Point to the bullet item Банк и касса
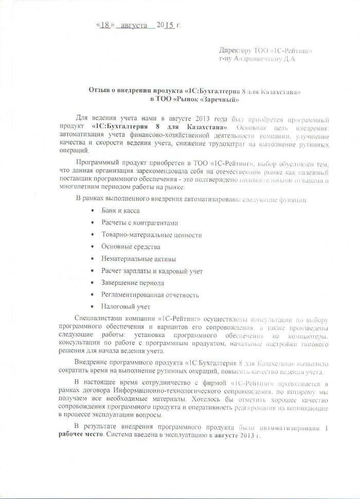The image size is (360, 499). [120, 210]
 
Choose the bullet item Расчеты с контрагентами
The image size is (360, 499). [140, 223]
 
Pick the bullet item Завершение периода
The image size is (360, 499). [133, 283]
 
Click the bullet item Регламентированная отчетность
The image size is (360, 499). [150, 295]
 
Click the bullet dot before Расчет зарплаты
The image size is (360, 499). [92, 271]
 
